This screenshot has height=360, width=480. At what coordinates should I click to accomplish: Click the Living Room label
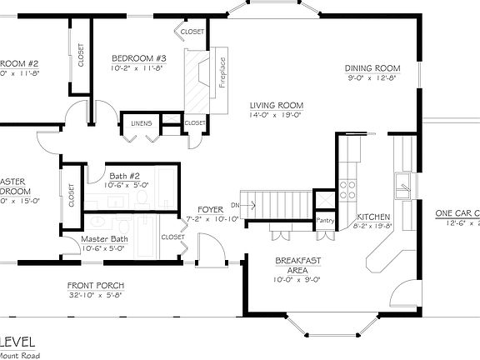(x=276, y=106)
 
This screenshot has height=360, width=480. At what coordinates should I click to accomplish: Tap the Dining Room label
(x=373, y=68)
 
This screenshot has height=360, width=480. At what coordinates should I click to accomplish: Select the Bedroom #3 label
(x=139, y=58)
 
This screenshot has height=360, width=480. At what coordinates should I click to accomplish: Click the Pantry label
(x=324, y=221)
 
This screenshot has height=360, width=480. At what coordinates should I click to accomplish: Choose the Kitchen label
(x=372, y=216)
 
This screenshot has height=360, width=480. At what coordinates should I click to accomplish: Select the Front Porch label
(x=95, y=285)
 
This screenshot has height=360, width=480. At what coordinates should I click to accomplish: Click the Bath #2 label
(x=124, y=176)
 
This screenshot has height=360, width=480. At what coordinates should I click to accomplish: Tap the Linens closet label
(x=140, y=124)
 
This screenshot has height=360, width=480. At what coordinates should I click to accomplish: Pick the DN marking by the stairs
(x=236, y=204)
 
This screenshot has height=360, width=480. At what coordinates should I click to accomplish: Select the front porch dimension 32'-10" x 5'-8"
(x=95, y=295)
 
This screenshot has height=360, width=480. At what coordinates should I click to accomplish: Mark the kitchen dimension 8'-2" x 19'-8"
(x=372, y=225)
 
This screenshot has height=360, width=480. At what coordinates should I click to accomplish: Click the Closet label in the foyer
(x=172, y=237)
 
